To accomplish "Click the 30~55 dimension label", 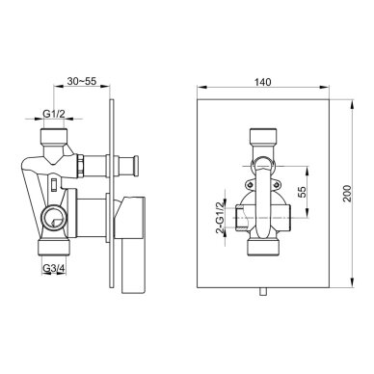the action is [82, 81].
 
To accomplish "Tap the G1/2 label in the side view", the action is [54, 114].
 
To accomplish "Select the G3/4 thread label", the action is [54, 269].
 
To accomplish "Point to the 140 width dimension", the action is [263, 82].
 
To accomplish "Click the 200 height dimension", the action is [347, 193].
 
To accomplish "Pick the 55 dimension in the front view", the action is [302, 192].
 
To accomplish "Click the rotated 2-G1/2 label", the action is [220, 218].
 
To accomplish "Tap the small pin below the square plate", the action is [263, 291].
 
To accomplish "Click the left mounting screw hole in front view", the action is [250, 184].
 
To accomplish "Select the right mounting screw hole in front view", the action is [277, 184].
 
